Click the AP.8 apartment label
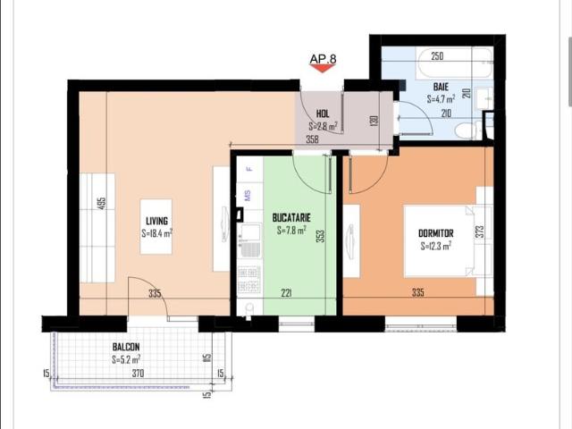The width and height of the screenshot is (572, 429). (323, 60)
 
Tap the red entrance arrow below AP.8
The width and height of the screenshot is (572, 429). (323, 71)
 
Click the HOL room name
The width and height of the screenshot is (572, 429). (322, 114)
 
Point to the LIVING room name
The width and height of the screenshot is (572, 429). (156, 221)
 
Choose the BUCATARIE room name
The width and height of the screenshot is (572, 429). (290, 217)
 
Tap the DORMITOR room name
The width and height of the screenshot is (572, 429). (436, 233)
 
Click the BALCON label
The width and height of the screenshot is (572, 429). (126, 347)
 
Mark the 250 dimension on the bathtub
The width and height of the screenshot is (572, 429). (437, 56)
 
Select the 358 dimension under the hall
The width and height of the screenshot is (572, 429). (312, 139)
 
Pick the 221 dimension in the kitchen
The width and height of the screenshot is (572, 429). (286, 292)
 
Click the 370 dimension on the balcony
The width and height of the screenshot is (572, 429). (137, 374)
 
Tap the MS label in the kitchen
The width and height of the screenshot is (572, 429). (248, 194)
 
